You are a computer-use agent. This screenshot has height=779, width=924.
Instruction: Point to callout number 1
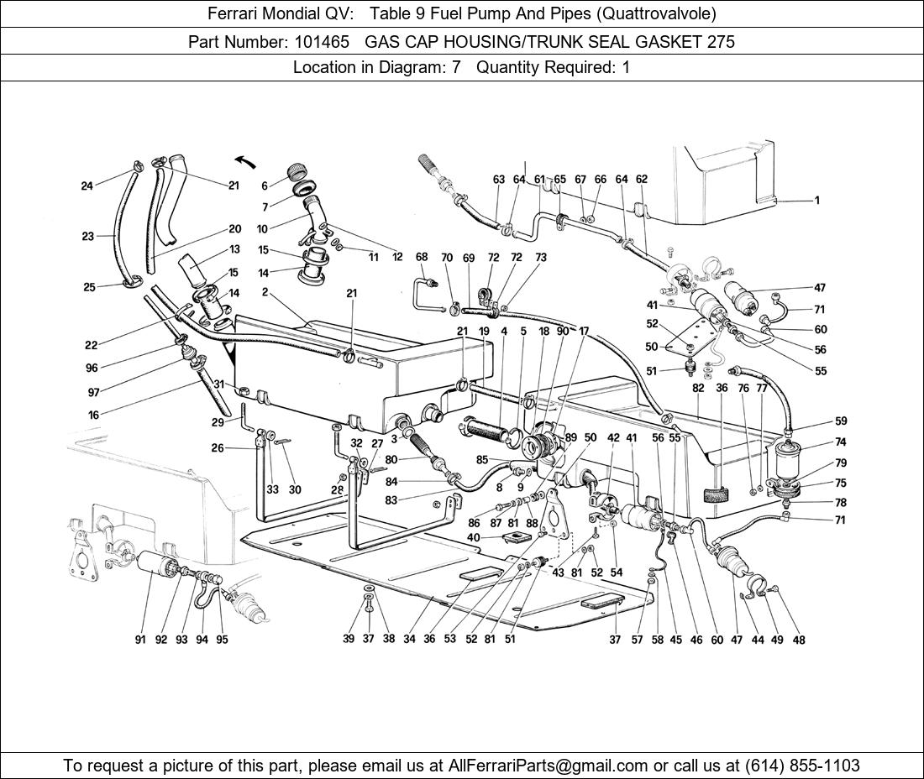pos(816,201)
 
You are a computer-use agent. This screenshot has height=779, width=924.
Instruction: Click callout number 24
pos(87,186)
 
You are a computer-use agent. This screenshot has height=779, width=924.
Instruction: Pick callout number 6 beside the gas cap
pos(264,186)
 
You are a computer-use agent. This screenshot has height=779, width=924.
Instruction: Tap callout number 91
pos(140,640)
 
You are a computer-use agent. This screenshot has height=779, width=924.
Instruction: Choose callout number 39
pos(349,640)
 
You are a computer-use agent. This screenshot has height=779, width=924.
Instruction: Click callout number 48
pos(799,640)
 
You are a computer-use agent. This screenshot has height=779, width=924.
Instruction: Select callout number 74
pos(841,442)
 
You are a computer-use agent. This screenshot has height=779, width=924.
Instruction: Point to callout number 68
pos(422,258)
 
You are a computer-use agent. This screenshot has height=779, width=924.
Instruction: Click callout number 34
pos(409,640)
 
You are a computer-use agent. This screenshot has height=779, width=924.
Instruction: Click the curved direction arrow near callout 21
pos(244,161)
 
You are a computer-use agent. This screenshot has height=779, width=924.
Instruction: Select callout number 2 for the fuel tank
pos(265,292)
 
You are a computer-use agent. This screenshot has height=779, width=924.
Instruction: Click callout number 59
pos(841,421)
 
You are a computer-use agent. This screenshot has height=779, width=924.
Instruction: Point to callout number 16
pos(93,415)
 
